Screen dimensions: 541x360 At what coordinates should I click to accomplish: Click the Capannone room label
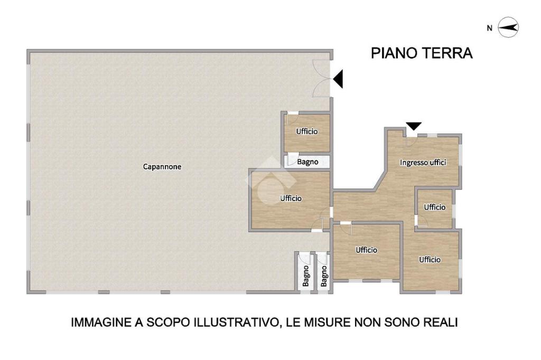pyautogui.click(x=162, y=167)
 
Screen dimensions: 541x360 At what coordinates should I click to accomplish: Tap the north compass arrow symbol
pyautogui.click(x=509, y=27)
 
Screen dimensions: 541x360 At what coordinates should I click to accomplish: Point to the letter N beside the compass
pyautogui.click(x=490, y=29)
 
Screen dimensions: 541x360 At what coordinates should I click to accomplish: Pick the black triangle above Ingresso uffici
pyautogui.click(x=414, y=126)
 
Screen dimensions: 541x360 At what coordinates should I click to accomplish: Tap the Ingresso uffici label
pyautogui.click(x=423, y=163)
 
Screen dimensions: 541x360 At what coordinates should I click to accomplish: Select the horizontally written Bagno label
pyautogui.click(x=308, y=162)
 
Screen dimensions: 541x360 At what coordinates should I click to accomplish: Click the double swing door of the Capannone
pyautogui.click(x=322, y=78)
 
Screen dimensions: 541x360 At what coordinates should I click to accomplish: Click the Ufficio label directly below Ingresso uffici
pyautogui.click(x=435, y=207)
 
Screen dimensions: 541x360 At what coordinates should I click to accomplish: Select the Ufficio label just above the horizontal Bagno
pyautogui.click(x=307, y=131)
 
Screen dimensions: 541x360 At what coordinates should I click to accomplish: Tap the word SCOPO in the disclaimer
pyautogui.click(x=169, y=323)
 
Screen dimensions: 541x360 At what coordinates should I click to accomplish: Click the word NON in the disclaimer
pyautogui.click(x=368, y=323)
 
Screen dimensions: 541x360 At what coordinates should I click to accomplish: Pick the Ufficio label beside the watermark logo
pyautogui.click(x=291, y=198)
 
